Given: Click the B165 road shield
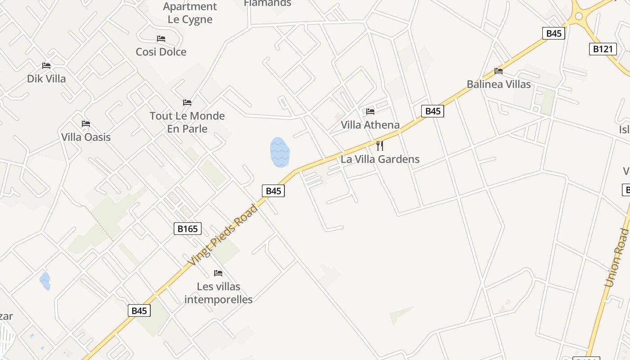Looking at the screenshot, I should (x=187, y=229).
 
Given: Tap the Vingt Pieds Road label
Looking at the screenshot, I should (x=223, y=235).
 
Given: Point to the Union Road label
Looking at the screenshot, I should (x=616, y=258).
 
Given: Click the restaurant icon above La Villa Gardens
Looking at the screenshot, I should (x=380, y=145).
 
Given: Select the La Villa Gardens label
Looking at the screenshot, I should (x=380, y=159).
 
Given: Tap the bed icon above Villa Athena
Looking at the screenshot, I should (x=370, y=111).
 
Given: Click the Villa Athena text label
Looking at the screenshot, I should (x=370, y=125).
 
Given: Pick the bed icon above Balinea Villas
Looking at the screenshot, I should (x=498, y=71).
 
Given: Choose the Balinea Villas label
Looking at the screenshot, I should (x=498, y=84).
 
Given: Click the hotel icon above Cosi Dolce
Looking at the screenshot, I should (x=161, y=39).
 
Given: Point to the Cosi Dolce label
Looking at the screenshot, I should (x=161, y=52).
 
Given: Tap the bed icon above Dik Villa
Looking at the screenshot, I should (x=46, y=66).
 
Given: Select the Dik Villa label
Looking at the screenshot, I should (x=46, y=79).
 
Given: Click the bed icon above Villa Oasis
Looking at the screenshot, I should (x=86, y=124).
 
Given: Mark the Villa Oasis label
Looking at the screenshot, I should (x=86, y=137).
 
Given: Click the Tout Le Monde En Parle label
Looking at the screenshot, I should (x=187, y=122).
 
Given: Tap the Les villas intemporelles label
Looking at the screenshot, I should (x=219, y=293).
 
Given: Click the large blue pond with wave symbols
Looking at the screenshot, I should (x=279, y=152).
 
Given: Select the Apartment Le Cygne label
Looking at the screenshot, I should (x=190, y=13).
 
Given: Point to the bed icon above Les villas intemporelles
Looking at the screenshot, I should (x=218, y=273).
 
